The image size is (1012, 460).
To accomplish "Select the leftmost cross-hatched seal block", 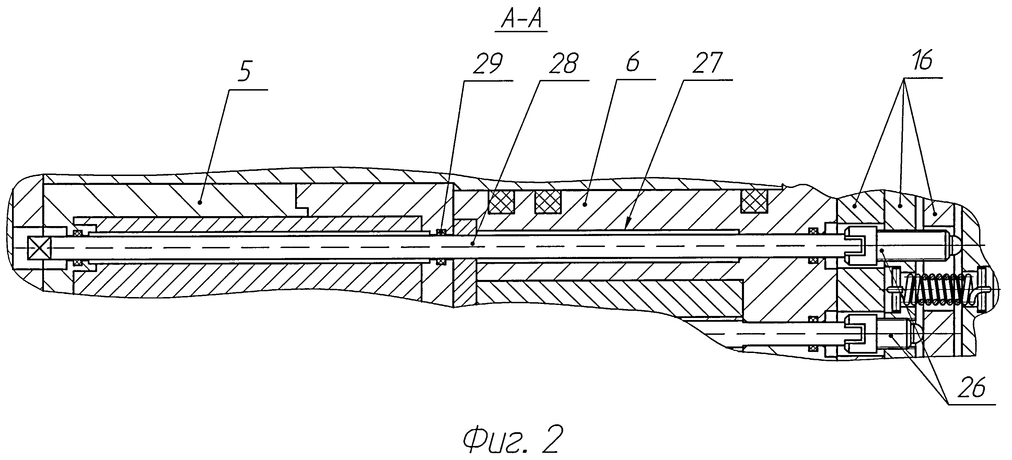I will [x=501, y=202].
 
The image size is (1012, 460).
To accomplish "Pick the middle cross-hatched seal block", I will [x=548, y=202].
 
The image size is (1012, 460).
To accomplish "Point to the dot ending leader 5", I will [x=200, y=202].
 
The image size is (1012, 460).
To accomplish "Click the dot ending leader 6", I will [x=585, y=204].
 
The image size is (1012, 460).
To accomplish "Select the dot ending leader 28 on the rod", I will [x=474, y=244].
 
